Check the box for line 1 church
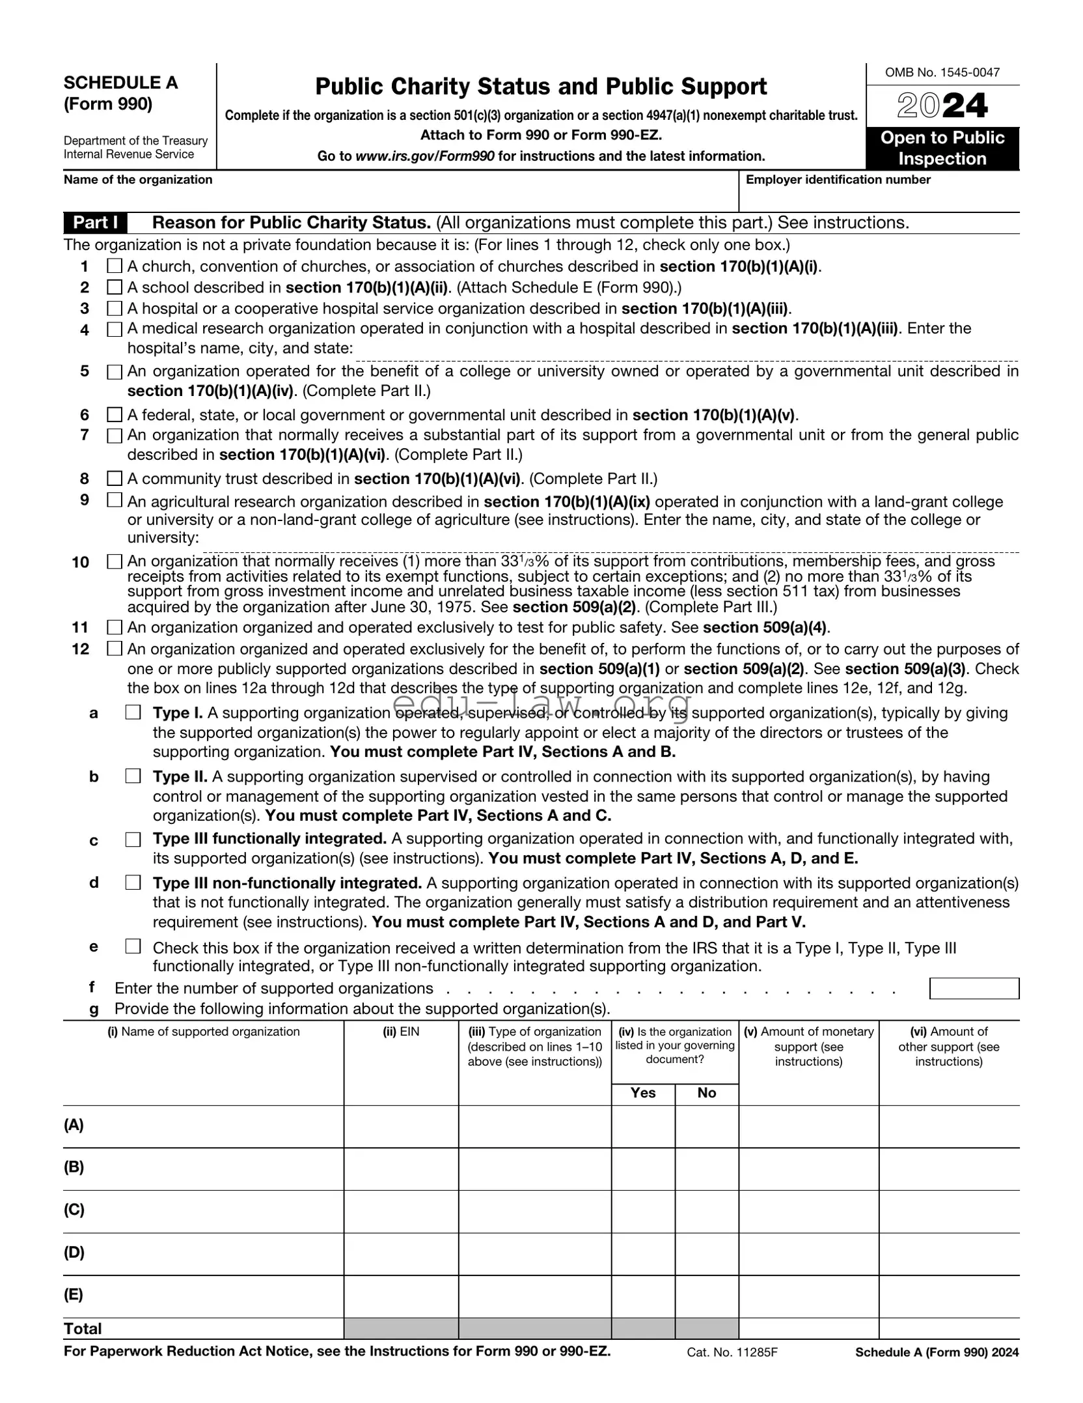115,266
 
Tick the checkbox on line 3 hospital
115,308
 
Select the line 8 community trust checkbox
115,479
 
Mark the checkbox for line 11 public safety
115,627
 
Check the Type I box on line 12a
133,713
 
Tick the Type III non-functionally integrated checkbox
133,883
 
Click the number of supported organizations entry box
974,988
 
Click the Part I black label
95,223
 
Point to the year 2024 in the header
942,106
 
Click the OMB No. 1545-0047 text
942,72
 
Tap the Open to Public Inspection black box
942,148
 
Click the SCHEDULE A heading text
120,83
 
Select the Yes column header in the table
643,1093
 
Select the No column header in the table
706,1093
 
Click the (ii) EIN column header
401,1032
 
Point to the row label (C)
74,1210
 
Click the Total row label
83,1329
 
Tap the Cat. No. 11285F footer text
732,1352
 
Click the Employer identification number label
838,180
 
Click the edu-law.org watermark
541,705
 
